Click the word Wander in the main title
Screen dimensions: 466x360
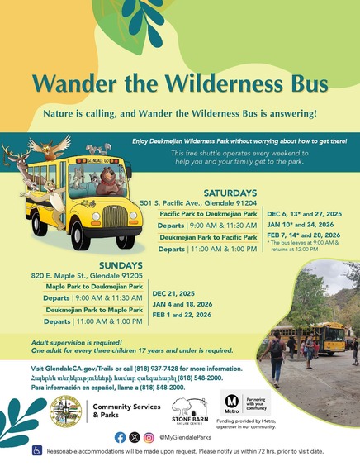pos(79,83)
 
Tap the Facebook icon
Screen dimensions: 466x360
pos(121,436)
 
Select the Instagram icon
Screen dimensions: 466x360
pos(149,436)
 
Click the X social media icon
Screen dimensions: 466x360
pos(135,436)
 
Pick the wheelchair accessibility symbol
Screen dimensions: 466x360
pos(36,451)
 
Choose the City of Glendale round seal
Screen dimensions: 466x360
pos(65,411)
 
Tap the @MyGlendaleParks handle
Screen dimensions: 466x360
pos(185,436)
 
